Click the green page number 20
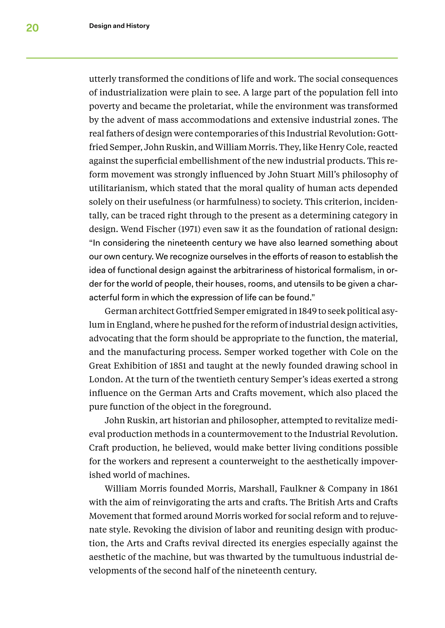pos(32,28)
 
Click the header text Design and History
pos(119,26)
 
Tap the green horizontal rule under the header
pos(212,58)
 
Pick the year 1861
pos(389,489)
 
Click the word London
pos(106,379)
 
